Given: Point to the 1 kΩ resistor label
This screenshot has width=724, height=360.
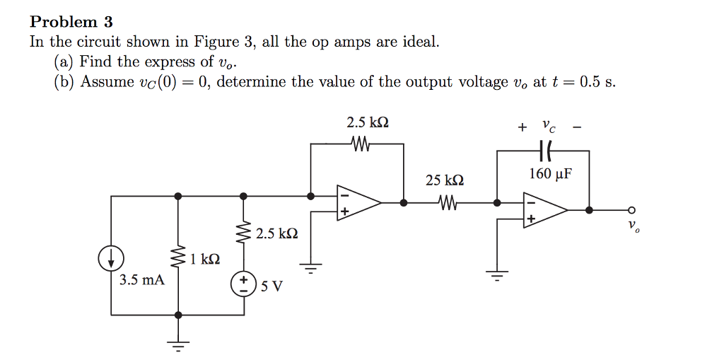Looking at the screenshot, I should tap(205, 260).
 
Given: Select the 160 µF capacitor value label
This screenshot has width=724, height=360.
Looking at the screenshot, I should tap(551, 174).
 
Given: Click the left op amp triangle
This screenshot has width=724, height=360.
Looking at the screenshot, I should tap(358, 202).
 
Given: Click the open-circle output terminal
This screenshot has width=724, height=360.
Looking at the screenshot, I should tap(631, 210).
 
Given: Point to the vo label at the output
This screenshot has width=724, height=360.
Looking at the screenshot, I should tap(633, 226).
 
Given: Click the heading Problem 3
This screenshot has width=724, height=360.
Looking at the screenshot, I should tap(71, 22).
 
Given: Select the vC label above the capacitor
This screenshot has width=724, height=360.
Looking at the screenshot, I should tap(548, 127).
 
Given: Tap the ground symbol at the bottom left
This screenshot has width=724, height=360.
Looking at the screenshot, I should tap(178, 344).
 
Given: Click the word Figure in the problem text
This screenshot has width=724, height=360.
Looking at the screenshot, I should tap(216, 42).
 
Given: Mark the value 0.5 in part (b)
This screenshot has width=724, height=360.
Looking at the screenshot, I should tap(590, 82).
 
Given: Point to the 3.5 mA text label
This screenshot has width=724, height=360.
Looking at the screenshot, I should tap(141, 280).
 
